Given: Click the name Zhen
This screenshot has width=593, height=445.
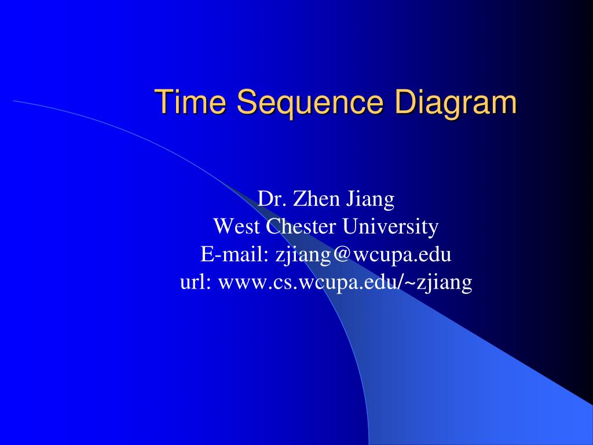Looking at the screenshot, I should (318, 199).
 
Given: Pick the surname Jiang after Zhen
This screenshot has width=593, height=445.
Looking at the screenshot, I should (371, 200).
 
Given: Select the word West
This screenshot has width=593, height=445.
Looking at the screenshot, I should (237, 226).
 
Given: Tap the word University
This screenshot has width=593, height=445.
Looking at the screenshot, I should (390, 227).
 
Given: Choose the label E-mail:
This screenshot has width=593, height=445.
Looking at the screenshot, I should (236, 254).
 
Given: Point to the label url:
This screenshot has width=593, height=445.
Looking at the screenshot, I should (196, 282).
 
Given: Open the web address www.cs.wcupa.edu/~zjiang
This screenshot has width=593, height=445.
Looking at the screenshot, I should (345, 283).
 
